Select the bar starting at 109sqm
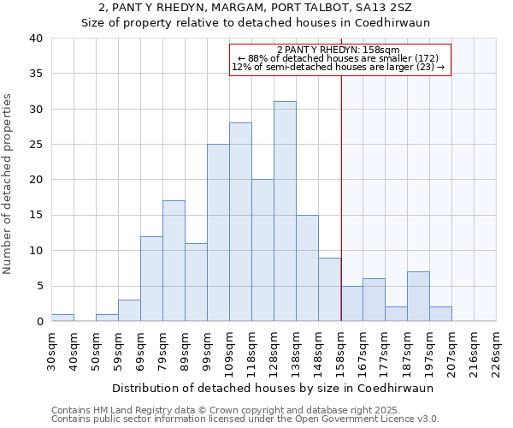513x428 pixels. tap(240, 222)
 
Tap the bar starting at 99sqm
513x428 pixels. tap(218, 233)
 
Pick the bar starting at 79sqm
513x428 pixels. tap(174, 261)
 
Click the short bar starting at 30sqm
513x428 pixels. tap(62, 318)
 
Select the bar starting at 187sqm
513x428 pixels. tap(418, 296)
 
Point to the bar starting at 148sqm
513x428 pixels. tap(329, 289)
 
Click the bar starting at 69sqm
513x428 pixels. tap(151, 279)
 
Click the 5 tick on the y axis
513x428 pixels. tap(38, 286)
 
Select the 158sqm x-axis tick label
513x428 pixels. tap(340, 349)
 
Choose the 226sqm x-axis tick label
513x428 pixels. tap(496, 349)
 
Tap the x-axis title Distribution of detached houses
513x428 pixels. tap(273, 388)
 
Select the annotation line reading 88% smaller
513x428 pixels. tap(339, 58)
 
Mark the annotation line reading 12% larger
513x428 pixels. tap(339, 67)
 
